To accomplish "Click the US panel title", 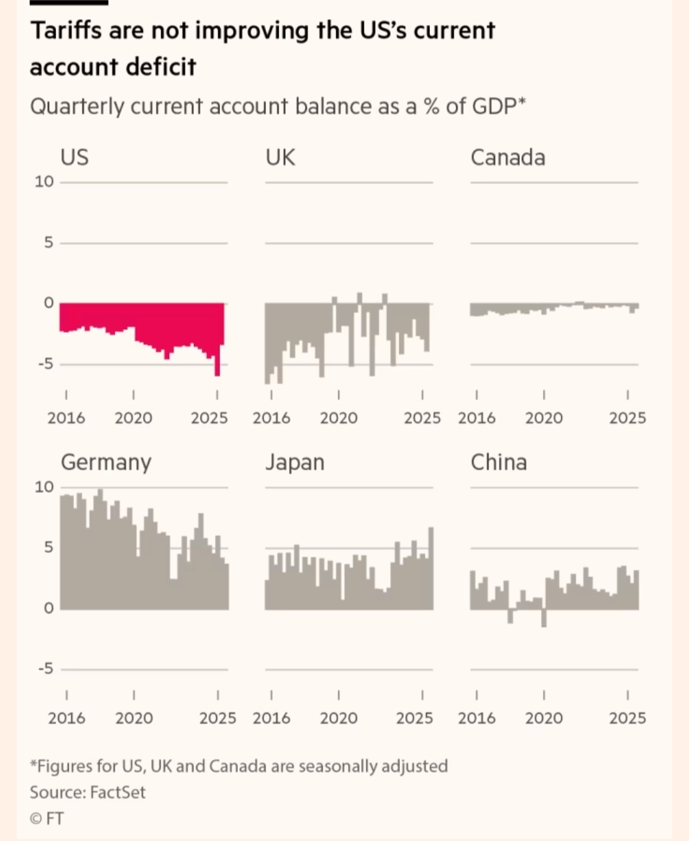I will click(75, 157).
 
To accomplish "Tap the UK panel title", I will click(280, 157).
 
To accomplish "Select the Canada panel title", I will click(508, 157).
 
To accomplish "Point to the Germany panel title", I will click(106, 462).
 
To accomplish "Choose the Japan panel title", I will click(295, 462).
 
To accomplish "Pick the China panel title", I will click(499, 462).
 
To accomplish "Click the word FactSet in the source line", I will click(118, 793).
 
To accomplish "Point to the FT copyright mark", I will click(47, 819).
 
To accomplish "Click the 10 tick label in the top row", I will click(44, 182).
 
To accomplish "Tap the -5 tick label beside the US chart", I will click(45, 365).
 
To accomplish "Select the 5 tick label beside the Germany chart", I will click(48, 548).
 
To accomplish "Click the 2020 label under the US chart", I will click(133, 418).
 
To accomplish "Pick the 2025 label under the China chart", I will click(627, 719).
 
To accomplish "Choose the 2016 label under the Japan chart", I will click(271, 719).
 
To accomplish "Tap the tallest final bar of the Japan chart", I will click(431, 567).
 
